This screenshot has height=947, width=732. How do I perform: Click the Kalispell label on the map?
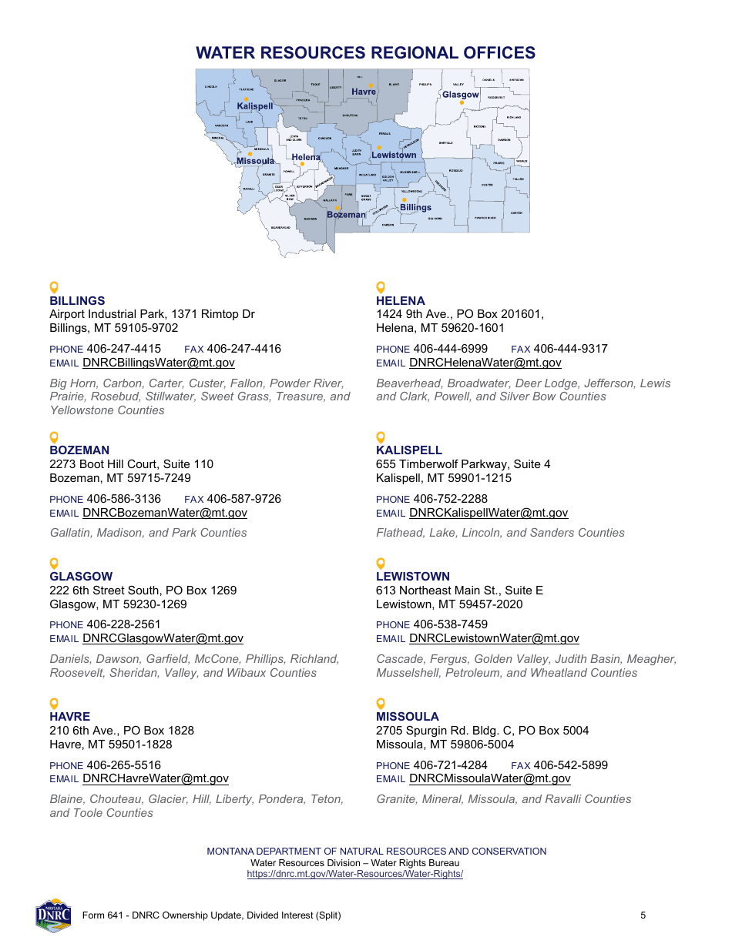(x=255, y=106)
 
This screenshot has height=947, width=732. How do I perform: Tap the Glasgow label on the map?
(x=460, y=95)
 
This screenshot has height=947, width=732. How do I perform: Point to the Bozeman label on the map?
(x=346, y=215)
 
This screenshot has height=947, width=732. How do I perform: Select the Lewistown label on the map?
(x=394, y=156)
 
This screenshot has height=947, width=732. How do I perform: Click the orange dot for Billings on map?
(x=404, y=200)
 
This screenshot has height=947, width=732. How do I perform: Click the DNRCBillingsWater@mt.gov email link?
(x=159, y=363)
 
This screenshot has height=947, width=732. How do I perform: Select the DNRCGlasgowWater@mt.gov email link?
(x=163, y=638)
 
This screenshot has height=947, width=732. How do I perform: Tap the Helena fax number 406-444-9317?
(x=570, y=349)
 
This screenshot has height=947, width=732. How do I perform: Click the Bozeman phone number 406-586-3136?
(x=123, y=499)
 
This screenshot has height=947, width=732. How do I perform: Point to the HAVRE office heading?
(x=70, y=717)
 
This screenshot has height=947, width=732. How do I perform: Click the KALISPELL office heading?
(x=409, y=450)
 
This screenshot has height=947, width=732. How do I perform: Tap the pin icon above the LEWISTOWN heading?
(x=380, y=563)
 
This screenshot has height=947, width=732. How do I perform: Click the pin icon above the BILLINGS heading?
(x=54, y=287)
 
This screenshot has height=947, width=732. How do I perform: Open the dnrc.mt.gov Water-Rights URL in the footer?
(x=354, y=875)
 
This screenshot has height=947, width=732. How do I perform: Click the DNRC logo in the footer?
(x=53, y=915)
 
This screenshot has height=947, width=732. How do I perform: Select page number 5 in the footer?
(x=643, y=915)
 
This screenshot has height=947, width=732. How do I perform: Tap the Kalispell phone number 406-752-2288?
(x=450, y=499)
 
